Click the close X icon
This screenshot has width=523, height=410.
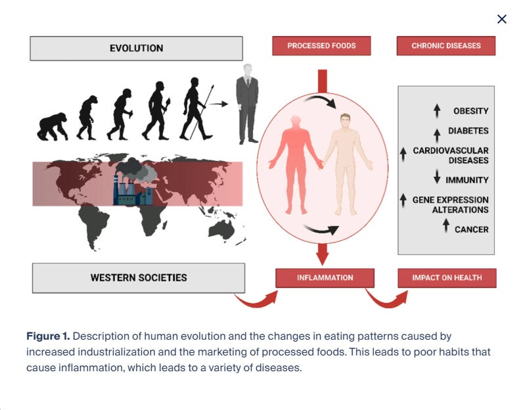click(x=502, y=19)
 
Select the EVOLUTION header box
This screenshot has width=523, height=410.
click(x=136, y=48)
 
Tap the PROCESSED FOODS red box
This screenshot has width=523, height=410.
click(x=321, y=46)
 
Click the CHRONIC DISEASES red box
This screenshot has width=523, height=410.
click(x=446, y=46)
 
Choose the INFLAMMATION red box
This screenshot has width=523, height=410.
click(x=325, y=277)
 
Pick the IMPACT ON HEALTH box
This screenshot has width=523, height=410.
click(x=447, y=277)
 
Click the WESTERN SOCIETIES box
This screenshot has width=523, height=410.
click(x=139, y=277)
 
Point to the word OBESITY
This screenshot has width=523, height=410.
click(x=470, y=111)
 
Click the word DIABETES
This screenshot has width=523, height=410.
click(x=468, y=131)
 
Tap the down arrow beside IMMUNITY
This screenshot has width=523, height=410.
click(x=437, y=177)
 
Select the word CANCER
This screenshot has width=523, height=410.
click(x=471, y=229)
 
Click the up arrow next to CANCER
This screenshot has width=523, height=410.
click(x=446, y=226)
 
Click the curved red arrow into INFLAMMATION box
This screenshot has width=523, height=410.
click(x=256, y=300)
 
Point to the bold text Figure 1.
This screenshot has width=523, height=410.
click(x=52, y=336)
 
